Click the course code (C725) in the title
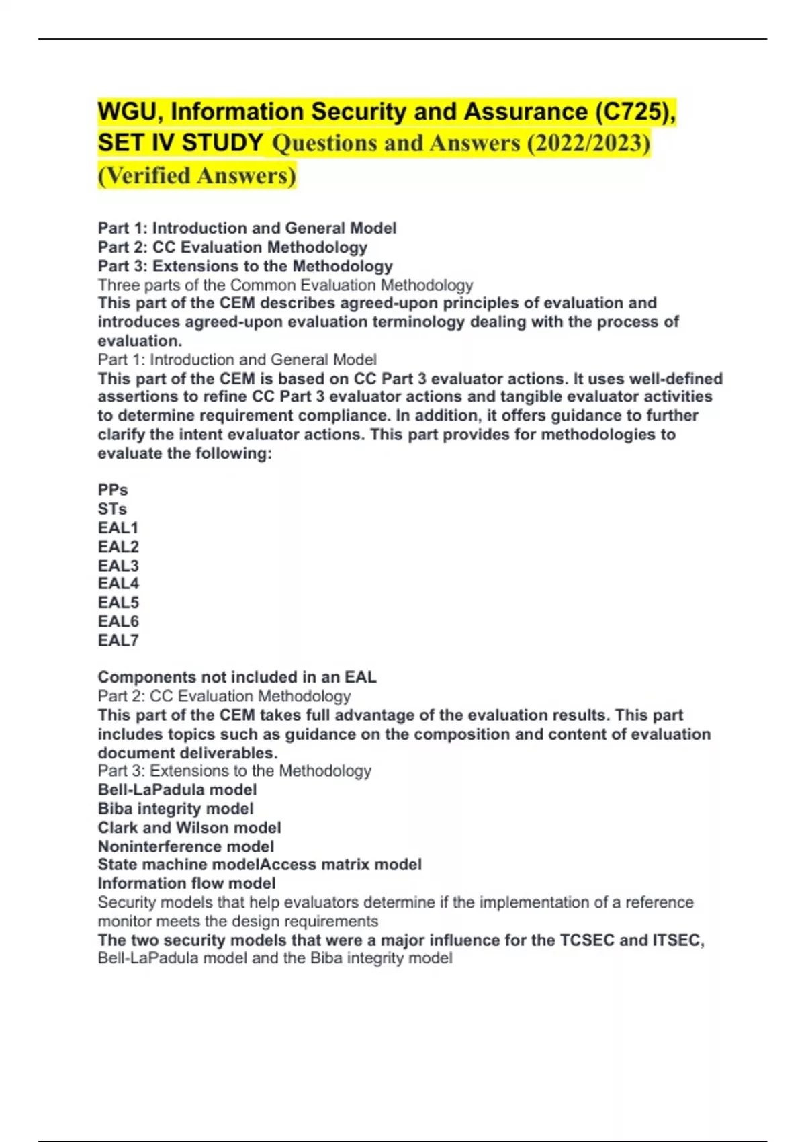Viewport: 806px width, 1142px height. pos(631,112)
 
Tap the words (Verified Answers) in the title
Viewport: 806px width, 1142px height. pos(197,176)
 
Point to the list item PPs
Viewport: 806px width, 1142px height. pos(113,490)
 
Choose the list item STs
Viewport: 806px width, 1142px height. pos(112,509)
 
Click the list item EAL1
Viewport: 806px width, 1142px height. pos(118,528)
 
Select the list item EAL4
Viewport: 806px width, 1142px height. pos(118,584)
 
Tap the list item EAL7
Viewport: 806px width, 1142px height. pos(118,640)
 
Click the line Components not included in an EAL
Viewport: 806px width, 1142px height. pos(237,677)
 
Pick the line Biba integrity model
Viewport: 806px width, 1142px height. pos(176,809)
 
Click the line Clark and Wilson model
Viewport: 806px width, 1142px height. pos(189,828)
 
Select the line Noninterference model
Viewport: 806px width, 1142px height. pos(186,846)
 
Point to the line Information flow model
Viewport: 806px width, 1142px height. pos(187,883)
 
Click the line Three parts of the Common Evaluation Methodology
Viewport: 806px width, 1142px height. pos(285,285)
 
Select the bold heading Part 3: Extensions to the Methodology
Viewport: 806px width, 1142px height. pos(245,266)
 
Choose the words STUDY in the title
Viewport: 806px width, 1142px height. pos(222,143)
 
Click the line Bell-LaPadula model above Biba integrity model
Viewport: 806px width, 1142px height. pos(177,790)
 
